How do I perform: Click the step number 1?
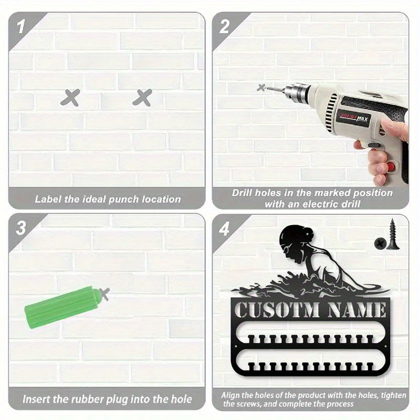[21, 27]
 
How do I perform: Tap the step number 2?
[225, 27]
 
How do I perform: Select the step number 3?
[21, 228]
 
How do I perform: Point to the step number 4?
[224, 229]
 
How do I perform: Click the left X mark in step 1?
[70, 98]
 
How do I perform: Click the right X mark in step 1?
[142, 98]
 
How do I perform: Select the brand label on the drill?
[353, 118]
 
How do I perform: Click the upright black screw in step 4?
[393, 234]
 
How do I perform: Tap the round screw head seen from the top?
[380, 243]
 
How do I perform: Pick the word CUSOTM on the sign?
[277, 310]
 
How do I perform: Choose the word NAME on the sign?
[356, 310]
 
